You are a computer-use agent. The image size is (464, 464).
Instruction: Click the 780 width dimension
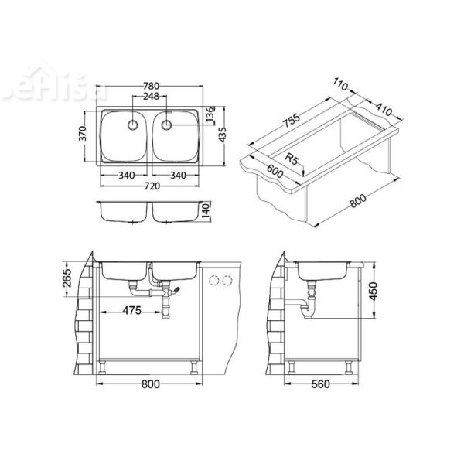[151, 87]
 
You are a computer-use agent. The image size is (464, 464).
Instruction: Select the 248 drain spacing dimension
[151, 97]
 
